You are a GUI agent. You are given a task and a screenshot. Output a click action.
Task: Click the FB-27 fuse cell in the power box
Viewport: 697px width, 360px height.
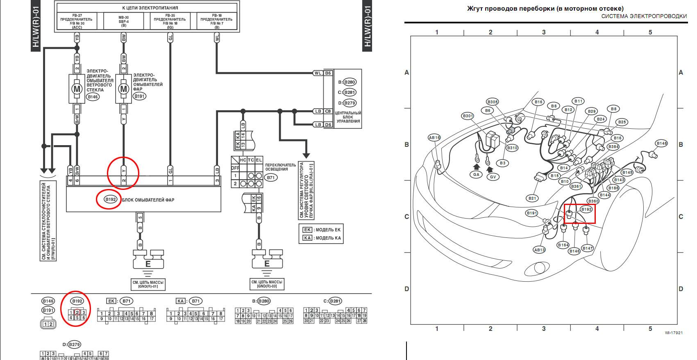click(77, 21)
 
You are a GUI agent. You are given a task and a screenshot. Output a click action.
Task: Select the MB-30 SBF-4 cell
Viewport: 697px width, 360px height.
click(123, 21)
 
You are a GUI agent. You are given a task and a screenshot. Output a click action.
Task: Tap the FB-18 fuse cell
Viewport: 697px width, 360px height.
click(216, 21)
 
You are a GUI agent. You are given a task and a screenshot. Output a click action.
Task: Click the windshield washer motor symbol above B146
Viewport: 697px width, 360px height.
click(77, 89)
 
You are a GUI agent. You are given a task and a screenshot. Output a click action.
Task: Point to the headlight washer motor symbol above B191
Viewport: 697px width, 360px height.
click(123, 89)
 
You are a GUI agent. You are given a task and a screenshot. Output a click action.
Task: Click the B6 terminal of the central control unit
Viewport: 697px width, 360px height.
click(328, 73)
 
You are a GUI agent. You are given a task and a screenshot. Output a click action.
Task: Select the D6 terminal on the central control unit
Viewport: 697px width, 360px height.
click(328, 125)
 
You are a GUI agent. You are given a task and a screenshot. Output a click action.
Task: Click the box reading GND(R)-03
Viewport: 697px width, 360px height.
click(267, 284)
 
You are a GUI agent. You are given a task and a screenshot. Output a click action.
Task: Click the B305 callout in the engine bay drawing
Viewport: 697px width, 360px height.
click(493, 102)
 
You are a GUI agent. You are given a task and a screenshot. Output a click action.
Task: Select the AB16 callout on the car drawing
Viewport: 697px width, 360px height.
click(434, 138)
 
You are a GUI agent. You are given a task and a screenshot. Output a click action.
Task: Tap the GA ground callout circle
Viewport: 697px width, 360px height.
click(476, 174)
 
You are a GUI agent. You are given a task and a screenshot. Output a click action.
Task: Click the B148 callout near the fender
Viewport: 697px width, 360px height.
click(662, 144)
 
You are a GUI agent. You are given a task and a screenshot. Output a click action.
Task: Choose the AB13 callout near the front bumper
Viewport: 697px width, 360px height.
click(539, 250)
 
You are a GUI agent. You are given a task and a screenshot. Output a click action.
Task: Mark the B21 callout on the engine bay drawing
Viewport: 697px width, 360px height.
click(532, 198)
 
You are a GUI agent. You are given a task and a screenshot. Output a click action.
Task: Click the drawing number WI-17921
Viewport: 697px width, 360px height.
click(674, 333)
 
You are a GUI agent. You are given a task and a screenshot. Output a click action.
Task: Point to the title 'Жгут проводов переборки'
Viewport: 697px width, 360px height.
click(545, 8)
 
